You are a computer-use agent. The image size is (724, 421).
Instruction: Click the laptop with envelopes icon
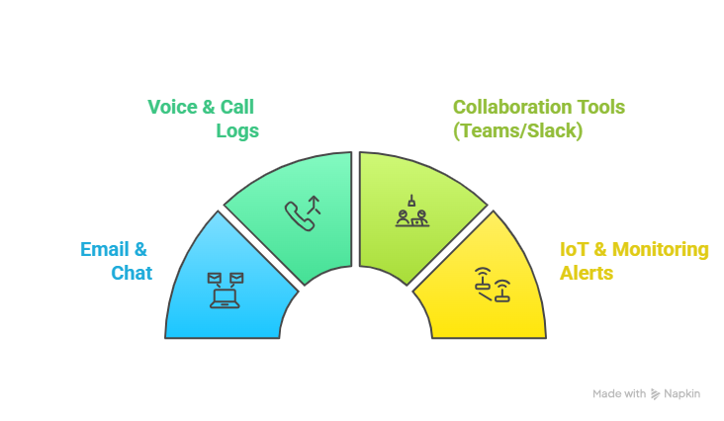click(x=225, y=290)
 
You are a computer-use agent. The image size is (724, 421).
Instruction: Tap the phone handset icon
click(x=299, y=215)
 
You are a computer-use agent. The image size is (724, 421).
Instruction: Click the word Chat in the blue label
click(x=132, y=273)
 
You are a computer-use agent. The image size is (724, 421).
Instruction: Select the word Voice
click(x=172, y=107)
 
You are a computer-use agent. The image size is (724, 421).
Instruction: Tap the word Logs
click(x=237, y=130)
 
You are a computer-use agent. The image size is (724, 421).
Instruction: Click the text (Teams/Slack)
click(x=517, y=130)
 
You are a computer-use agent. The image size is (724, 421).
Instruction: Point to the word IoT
click(x=577, y=249)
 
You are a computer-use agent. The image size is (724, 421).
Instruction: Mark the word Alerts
click(x=588, y=273)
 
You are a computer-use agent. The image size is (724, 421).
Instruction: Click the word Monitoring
click(x=662, y=249)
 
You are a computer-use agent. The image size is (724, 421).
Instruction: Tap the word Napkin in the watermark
click(x=682, y=393)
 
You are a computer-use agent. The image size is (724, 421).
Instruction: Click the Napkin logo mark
click(x=655, y=393)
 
